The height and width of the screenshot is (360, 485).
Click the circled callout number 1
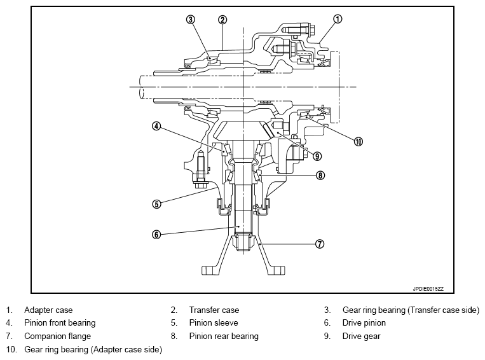338,19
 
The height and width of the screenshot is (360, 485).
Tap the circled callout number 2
222,20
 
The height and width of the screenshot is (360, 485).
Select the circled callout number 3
191,20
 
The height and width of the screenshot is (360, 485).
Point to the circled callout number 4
156,126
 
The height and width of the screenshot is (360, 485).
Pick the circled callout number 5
156,204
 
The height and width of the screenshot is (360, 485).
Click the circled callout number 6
156,235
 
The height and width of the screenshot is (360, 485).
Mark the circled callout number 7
320,244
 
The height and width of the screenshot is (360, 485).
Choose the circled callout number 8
320,176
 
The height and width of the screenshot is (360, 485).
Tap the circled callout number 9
317,156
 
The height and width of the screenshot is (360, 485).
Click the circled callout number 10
358,142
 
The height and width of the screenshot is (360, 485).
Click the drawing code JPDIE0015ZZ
428,289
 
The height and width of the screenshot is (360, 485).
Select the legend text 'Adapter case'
48,310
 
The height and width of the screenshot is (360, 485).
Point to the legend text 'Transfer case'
214,310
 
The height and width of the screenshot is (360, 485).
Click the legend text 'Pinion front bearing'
60,323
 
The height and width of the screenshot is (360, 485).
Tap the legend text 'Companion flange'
58,336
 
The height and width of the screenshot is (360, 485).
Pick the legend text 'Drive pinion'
364,323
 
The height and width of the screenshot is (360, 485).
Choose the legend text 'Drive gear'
361,336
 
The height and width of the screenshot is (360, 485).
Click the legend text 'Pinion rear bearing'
224,336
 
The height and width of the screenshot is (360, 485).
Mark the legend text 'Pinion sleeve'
214,323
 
